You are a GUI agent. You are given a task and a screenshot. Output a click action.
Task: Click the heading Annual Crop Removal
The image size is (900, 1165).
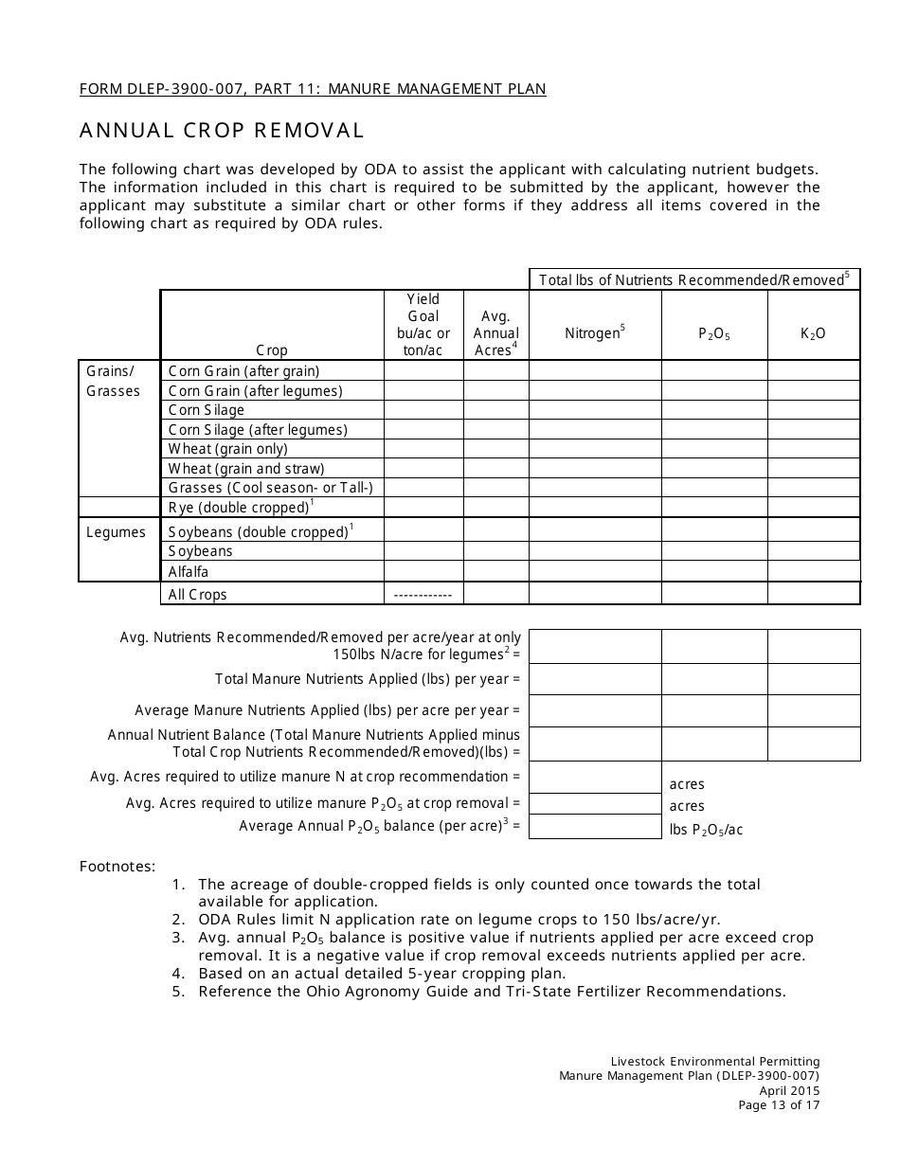(222, 130)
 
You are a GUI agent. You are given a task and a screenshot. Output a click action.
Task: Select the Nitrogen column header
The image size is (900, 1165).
(594, 332)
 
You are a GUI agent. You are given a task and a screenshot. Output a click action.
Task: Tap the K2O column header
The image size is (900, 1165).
(813, 333)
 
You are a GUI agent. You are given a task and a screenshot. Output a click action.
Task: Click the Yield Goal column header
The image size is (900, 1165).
(423, 325)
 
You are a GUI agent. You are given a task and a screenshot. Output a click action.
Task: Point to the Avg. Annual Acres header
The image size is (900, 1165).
(495, 333)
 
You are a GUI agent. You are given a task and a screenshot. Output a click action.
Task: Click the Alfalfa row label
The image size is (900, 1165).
(189, 572)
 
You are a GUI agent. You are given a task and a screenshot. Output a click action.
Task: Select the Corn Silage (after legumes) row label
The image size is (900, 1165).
(258, 429)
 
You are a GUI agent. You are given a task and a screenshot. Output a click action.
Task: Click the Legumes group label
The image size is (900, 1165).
(116, 532)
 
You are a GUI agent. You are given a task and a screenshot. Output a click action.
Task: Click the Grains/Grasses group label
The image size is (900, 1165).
(113, 381)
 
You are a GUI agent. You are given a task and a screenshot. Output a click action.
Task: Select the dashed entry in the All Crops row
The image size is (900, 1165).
(423, 595)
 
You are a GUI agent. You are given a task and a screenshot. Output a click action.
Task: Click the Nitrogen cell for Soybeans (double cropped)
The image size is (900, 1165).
(594, 531)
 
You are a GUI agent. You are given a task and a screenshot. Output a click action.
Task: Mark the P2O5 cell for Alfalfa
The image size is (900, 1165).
(713, 571)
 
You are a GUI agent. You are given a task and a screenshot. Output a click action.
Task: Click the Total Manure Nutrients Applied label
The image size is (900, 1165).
(368, 679)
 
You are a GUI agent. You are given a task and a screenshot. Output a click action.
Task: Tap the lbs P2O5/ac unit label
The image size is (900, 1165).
(706, 830)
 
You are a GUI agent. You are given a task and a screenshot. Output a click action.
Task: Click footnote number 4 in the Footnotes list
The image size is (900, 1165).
(177, 973)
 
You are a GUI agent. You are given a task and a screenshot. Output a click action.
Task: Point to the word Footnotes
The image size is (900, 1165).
(117, 865)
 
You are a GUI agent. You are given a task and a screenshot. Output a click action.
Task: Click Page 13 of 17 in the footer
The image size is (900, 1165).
(779, 1104)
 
